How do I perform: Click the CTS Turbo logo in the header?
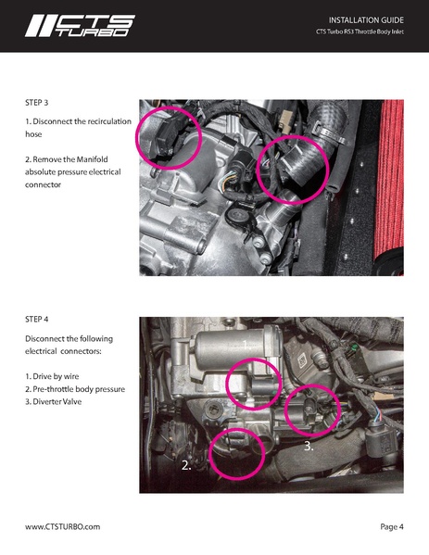pyautogui.click(x=80, y=26)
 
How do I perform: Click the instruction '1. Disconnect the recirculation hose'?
pyautogui.click(x=78, y=128)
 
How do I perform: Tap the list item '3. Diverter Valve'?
pyautogui.click(x=62, y=401)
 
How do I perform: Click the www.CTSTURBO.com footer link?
pyautogui.click(x=62, y=526)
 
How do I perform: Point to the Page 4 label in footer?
pyautogui.click(x=391, y=526)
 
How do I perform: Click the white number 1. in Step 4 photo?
pyautogui.click(x=246, y=344)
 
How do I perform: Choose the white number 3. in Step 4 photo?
pyautogui.click(x=309, y=446)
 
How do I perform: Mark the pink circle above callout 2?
pyautogui.click(x=237, y=451)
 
